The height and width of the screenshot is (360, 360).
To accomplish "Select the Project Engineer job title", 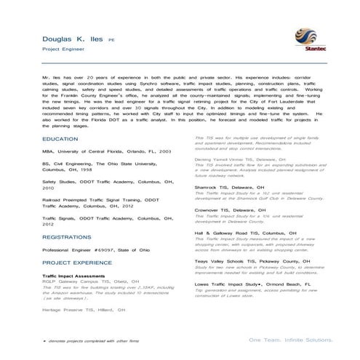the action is (63, 52).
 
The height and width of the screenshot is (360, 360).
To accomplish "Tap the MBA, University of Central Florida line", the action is (106, 151).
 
